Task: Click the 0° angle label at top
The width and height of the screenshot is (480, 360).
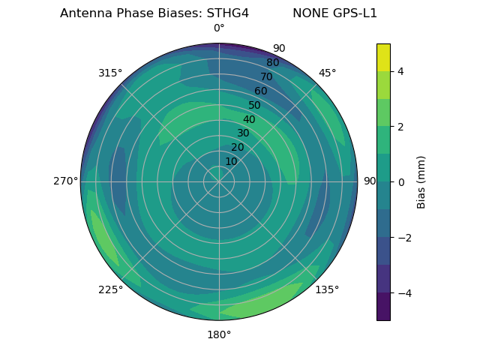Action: (x=219, y=28)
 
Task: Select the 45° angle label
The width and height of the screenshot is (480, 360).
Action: (x=327, y=73)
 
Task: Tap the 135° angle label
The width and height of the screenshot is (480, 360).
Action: (x=327, y=289)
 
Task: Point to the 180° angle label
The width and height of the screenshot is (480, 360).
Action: (x=219, y=334)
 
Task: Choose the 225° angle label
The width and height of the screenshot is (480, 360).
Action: (x=110, y=289)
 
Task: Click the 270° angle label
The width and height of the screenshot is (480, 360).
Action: (x=65, y=181)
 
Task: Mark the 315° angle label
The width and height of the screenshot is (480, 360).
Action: (x=110, y=73)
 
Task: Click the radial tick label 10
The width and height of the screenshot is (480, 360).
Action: (x=231, y=161)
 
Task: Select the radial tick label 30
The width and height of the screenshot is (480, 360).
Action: (x=243, y=133)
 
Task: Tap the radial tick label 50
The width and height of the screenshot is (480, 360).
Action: (x=255, y=105)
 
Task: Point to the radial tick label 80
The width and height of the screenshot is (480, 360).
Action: (x=272, y=63)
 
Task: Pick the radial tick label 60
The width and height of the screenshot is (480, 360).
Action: (x=261, y=91)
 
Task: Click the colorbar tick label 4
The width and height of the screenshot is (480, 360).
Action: (x=401, y=71)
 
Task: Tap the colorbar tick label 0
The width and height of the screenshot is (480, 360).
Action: (x=401, y=182)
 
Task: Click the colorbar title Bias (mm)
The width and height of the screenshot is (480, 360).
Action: (x=421, y=182)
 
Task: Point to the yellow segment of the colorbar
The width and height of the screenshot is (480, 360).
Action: (x=383, y=57)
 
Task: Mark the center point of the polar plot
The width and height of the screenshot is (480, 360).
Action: (x=219, y=181)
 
